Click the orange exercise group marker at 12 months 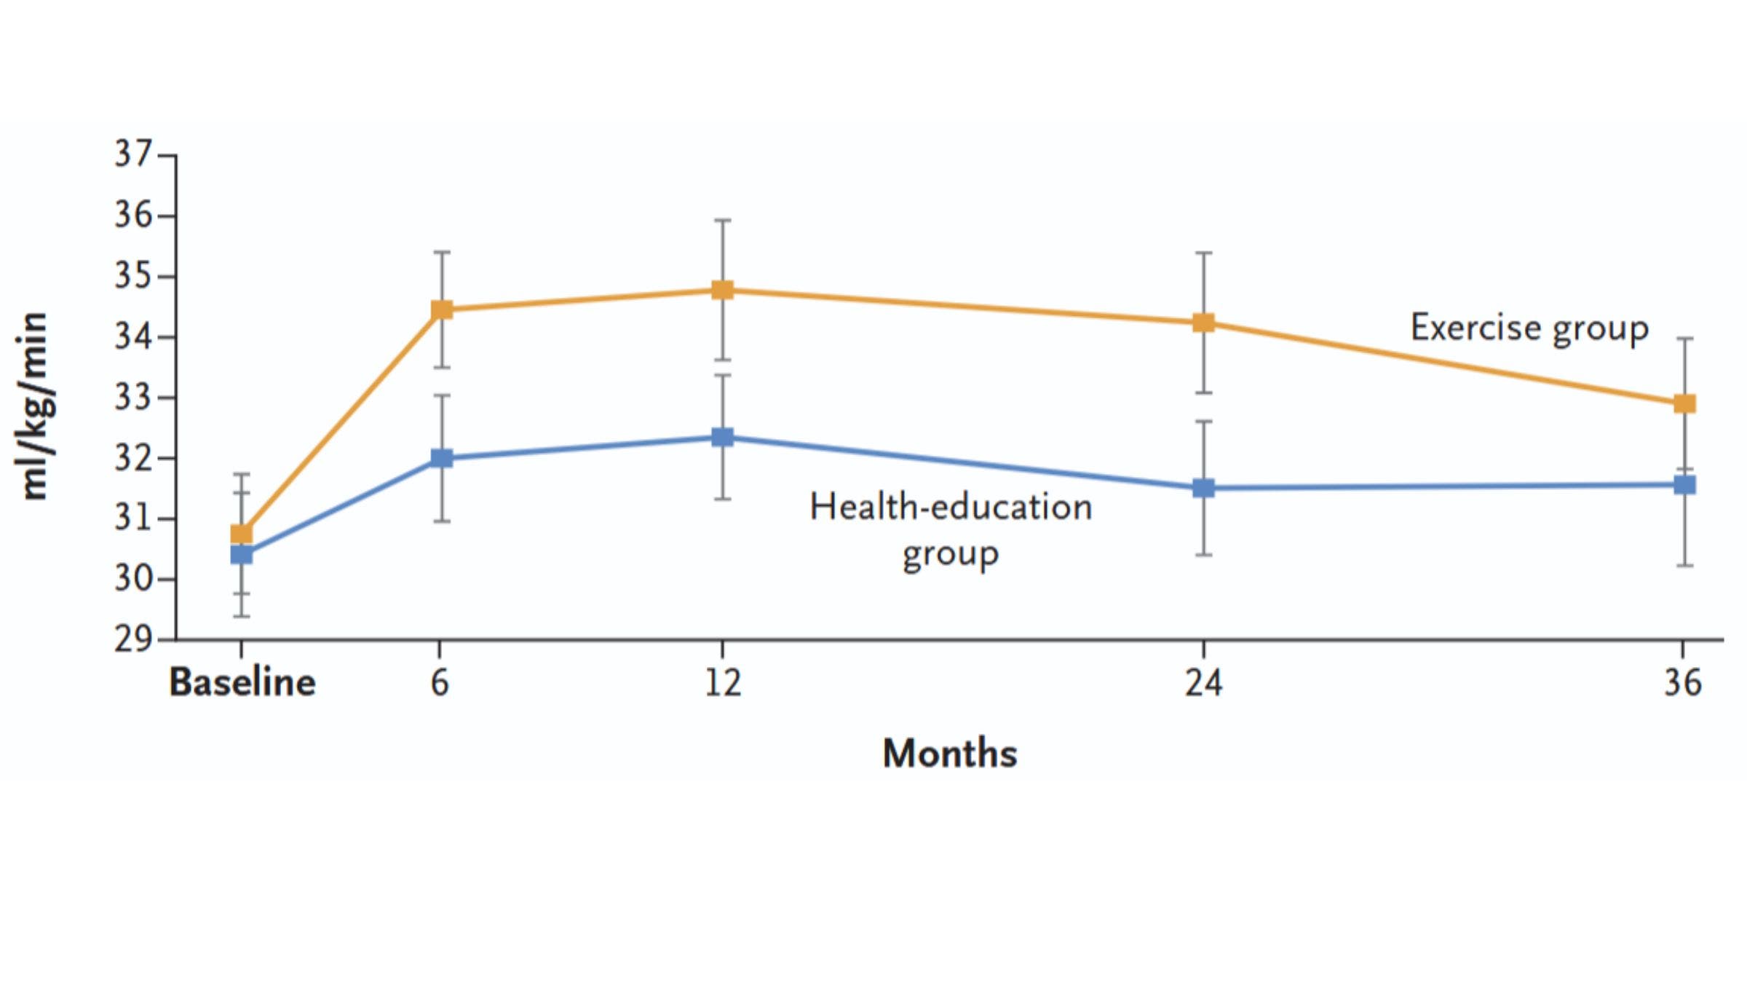coord(722,290)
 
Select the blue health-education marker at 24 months coord(1203,488)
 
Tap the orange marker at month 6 coord(442,309)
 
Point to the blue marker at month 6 coord(442,458)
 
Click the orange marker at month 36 coord(1684,403)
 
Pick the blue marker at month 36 coord(1684,485)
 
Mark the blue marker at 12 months coord(722,437)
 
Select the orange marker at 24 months coord(1203,323)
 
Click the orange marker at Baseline coord(242,534)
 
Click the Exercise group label coord(1529,328)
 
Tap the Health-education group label coord(951,530)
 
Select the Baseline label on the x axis coord(242,683)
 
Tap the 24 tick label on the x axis coord(1203,683)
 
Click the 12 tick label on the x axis coord(722,683)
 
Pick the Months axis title coord(949,754)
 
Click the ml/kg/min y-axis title coord(34,406)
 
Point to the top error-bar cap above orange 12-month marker coord(722,220)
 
